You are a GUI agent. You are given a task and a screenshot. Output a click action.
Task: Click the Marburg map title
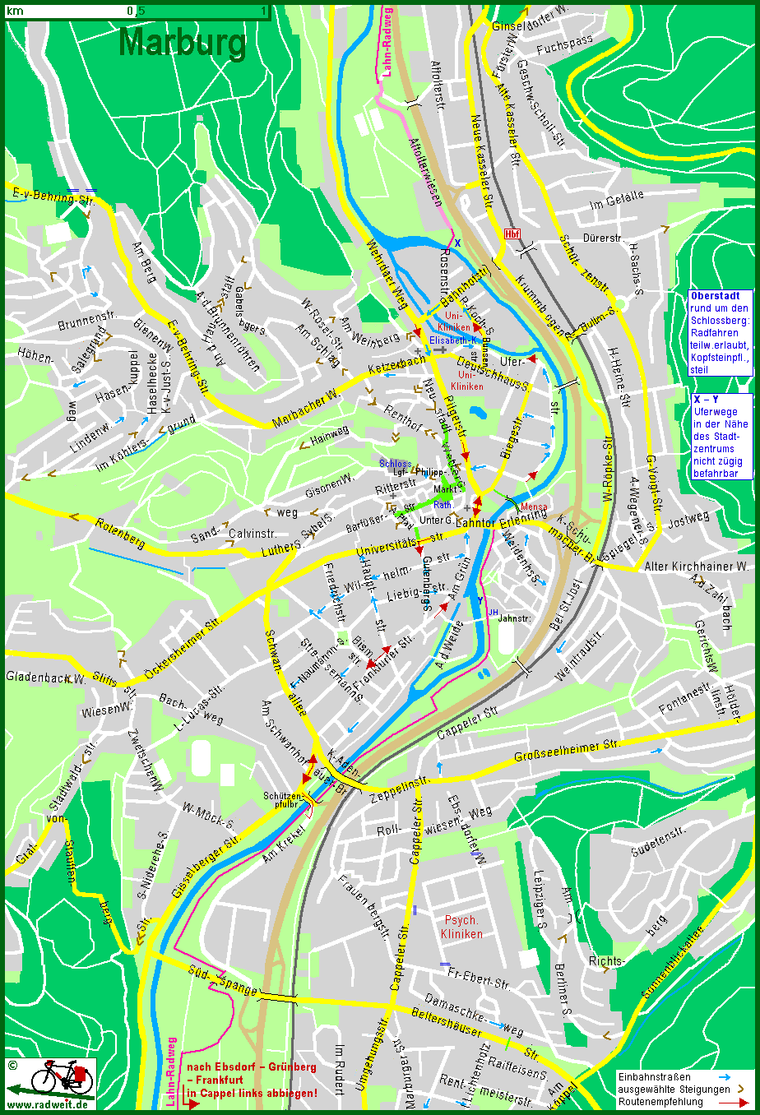pos(182,43)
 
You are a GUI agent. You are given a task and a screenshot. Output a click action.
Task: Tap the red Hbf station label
pos(512,234)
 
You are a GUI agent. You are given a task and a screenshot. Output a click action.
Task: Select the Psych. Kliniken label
pos(461,927)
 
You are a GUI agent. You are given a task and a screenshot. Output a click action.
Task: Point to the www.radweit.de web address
pos(49,1104)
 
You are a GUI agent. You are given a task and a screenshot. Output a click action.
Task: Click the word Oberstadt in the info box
pos(714,296)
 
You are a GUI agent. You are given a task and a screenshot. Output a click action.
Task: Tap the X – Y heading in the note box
pos(705,399)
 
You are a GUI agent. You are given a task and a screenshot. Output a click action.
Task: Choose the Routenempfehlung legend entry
pos(660,1101)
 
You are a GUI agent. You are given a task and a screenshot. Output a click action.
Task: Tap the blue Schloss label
pos(395,464)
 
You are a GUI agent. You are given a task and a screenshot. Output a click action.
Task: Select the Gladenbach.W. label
pos(45,678)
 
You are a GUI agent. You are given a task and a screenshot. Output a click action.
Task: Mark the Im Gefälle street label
pos(617,200)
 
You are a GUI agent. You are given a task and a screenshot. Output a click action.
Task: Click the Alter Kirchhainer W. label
pos(696,567)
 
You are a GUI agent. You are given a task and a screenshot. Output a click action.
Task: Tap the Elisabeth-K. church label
pos(452,339)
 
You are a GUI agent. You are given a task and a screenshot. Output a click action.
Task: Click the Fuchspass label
pos(565,45)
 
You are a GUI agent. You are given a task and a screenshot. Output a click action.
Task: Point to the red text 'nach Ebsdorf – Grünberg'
pos(251,1067)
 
